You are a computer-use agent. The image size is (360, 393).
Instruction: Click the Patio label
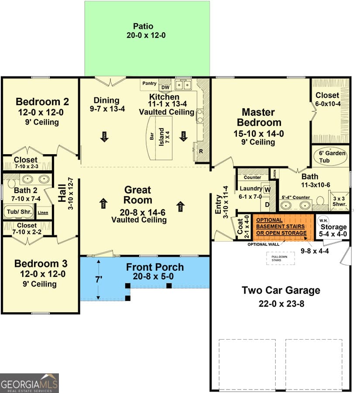tap(143, 26)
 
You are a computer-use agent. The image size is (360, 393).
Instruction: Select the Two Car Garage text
tap(281, 290)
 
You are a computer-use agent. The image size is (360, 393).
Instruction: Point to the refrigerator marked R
tap(201, 151)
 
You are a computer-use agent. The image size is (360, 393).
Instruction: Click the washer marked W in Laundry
tap(267, 190)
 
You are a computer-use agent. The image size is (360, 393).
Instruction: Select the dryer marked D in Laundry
tap(267, 204)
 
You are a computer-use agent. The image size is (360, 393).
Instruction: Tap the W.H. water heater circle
tap(323, 220)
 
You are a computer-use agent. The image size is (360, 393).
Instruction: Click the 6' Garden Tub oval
tap(331, 157)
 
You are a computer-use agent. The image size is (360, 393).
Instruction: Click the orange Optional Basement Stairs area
tap(281, 227)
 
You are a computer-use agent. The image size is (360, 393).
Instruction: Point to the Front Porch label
tap(155, 267)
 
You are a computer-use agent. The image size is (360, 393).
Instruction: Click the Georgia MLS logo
tap(29, 383)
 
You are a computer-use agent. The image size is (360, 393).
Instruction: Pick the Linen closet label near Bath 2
tap(43, 213)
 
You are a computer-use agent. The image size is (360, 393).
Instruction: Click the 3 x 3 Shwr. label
tap(339, 201)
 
